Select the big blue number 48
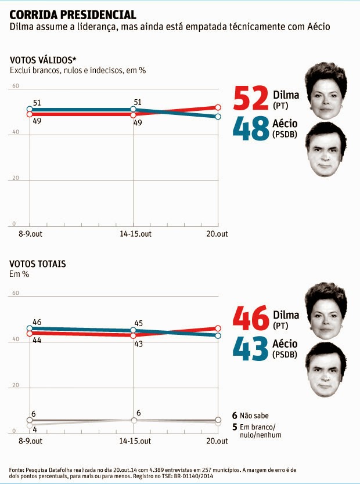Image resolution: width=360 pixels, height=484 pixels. click(x=250, y=128)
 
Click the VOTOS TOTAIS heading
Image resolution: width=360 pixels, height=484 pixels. click(x=38, y=263)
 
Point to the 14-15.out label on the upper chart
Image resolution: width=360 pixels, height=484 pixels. click(x=134, y=234)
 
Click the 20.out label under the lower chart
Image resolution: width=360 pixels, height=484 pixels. click(x=217, y=442)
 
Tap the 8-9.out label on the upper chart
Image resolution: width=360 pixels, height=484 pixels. click(x=30, y=234)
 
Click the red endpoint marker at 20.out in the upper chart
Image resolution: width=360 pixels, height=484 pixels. click(x=218, y=107)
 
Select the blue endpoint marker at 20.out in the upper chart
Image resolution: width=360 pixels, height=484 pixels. click(x=218, y=117)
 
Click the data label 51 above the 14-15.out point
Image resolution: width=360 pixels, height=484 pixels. click(x=138, y=102)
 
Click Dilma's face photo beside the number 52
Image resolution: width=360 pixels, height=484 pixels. click(x=327, y=91)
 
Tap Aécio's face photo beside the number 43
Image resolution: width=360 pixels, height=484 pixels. click(x=326, y=370)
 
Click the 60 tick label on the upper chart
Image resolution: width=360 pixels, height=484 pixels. click(x=16, y=86)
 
